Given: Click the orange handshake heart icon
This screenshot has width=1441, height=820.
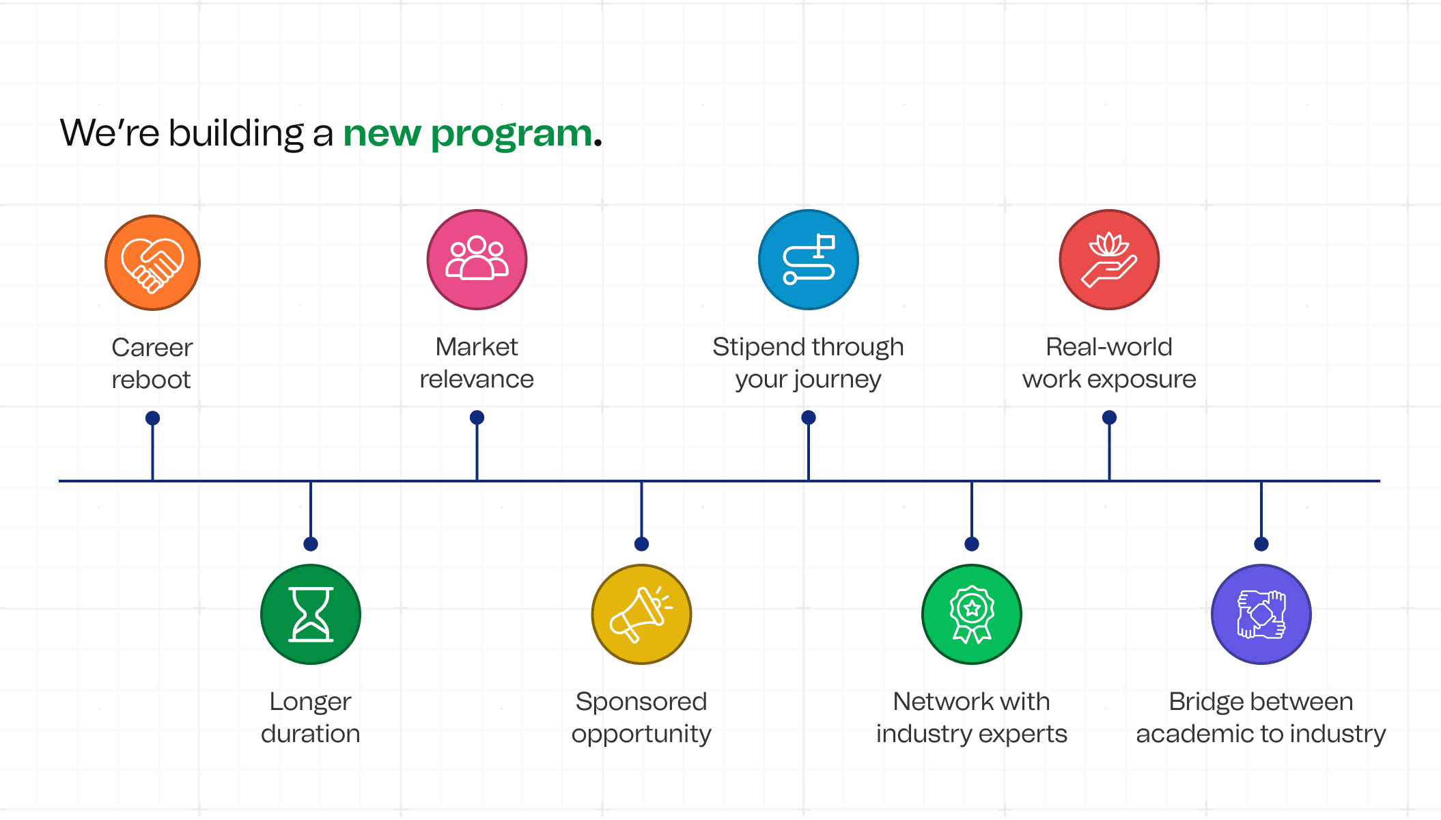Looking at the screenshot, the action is tap(152, 263).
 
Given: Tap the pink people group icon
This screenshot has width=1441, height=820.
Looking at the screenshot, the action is tap(477, 260).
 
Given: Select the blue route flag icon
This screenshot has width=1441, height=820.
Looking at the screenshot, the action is tap(809, 260).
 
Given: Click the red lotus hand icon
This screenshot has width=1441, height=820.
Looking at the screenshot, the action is tap(1109, 260).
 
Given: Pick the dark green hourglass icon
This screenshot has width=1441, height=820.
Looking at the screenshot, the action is tap(311, 614).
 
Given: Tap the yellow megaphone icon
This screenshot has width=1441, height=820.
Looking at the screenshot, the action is tap(641, 614).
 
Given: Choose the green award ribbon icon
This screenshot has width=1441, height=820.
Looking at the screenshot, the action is tap(972, 614).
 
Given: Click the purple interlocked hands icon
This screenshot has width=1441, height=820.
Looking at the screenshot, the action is tap(1261, 614).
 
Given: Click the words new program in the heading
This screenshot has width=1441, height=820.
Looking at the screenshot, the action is tap(468, 134).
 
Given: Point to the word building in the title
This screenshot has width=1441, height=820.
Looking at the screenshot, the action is tap(236, 133).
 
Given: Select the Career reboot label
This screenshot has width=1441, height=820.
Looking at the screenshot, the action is tap(152, 364).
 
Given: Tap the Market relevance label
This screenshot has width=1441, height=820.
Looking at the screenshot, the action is tap(477, 363).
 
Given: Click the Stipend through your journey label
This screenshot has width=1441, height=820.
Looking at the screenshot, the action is tap(809, 363).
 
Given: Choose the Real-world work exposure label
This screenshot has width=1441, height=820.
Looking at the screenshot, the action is tap(1109, 363).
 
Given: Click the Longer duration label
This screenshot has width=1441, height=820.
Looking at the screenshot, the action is tap(311, 717).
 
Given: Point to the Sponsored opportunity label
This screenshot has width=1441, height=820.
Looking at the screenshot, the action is tap(641, 717).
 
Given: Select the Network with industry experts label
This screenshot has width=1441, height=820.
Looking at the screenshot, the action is tap(972, 717).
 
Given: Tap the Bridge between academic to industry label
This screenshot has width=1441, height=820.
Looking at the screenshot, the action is tap(1261, 717).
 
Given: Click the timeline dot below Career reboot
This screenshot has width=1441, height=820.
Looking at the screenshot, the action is tap(153, 418).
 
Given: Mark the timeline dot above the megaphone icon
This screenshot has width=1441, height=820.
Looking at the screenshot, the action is tap(641, 544).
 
